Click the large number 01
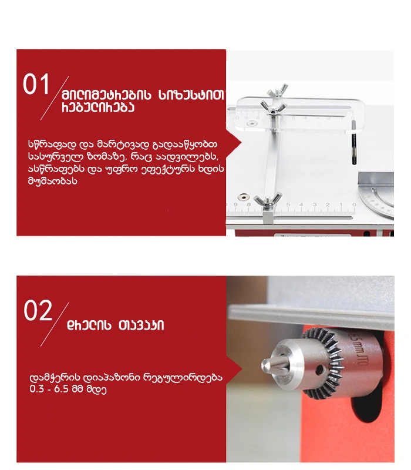(36, 84)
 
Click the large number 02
(38, 311)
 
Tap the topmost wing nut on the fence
(278, 90)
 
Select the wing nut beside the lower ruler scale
(268, 200)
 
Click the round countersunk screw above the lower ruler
(244, 197)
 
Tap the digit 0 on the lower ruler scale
(354, 204)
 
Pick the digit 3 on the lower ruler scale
(314, 204)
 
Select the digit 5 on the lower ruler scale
(288, 204)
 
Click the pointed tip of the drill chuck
(265, 365)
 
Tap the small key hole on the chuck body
(320, 370)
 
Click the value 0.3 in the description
(36, 389)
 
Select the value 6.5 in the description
(61, 389)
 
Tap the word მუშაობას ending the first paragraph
(53, 182)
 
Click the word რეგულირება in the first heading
(98, 108)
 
